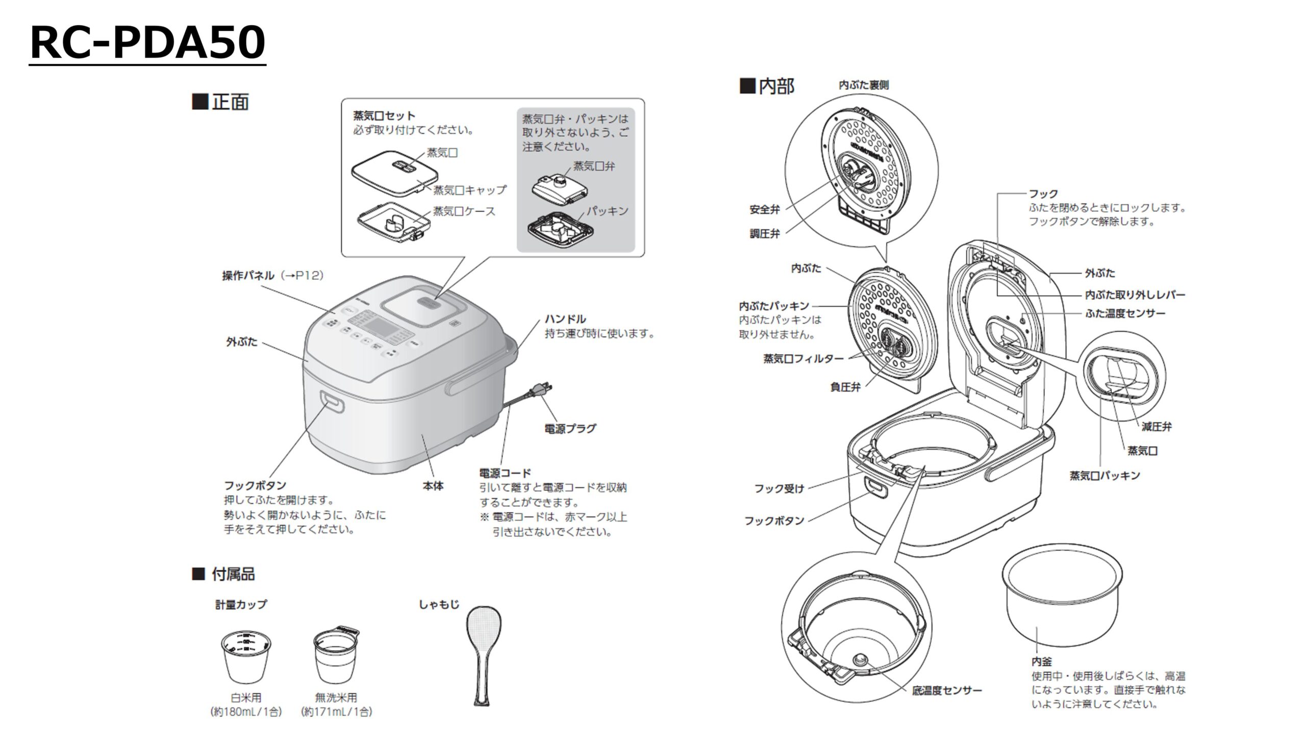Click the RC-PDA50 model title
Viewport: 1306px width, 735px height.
147,43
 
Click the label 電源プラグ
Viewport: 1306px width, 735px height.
570,429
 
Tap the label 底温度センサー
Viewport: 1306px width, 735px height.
946,691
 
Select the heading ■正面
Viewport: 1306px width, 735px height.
220,102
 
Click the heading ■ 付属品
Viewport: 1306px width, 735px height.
223,574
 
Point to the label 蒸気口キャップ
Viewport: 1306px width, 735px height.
470,190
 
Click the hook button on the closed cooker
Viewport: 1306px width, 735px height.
332,401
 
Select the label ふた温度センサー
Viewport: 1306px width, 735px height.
1124,313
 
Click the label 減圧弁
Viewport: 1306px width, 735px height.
1156,426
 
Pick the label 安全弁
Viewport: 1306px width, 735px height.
764,209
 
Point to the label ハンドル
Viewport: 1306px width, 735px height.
565,320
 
